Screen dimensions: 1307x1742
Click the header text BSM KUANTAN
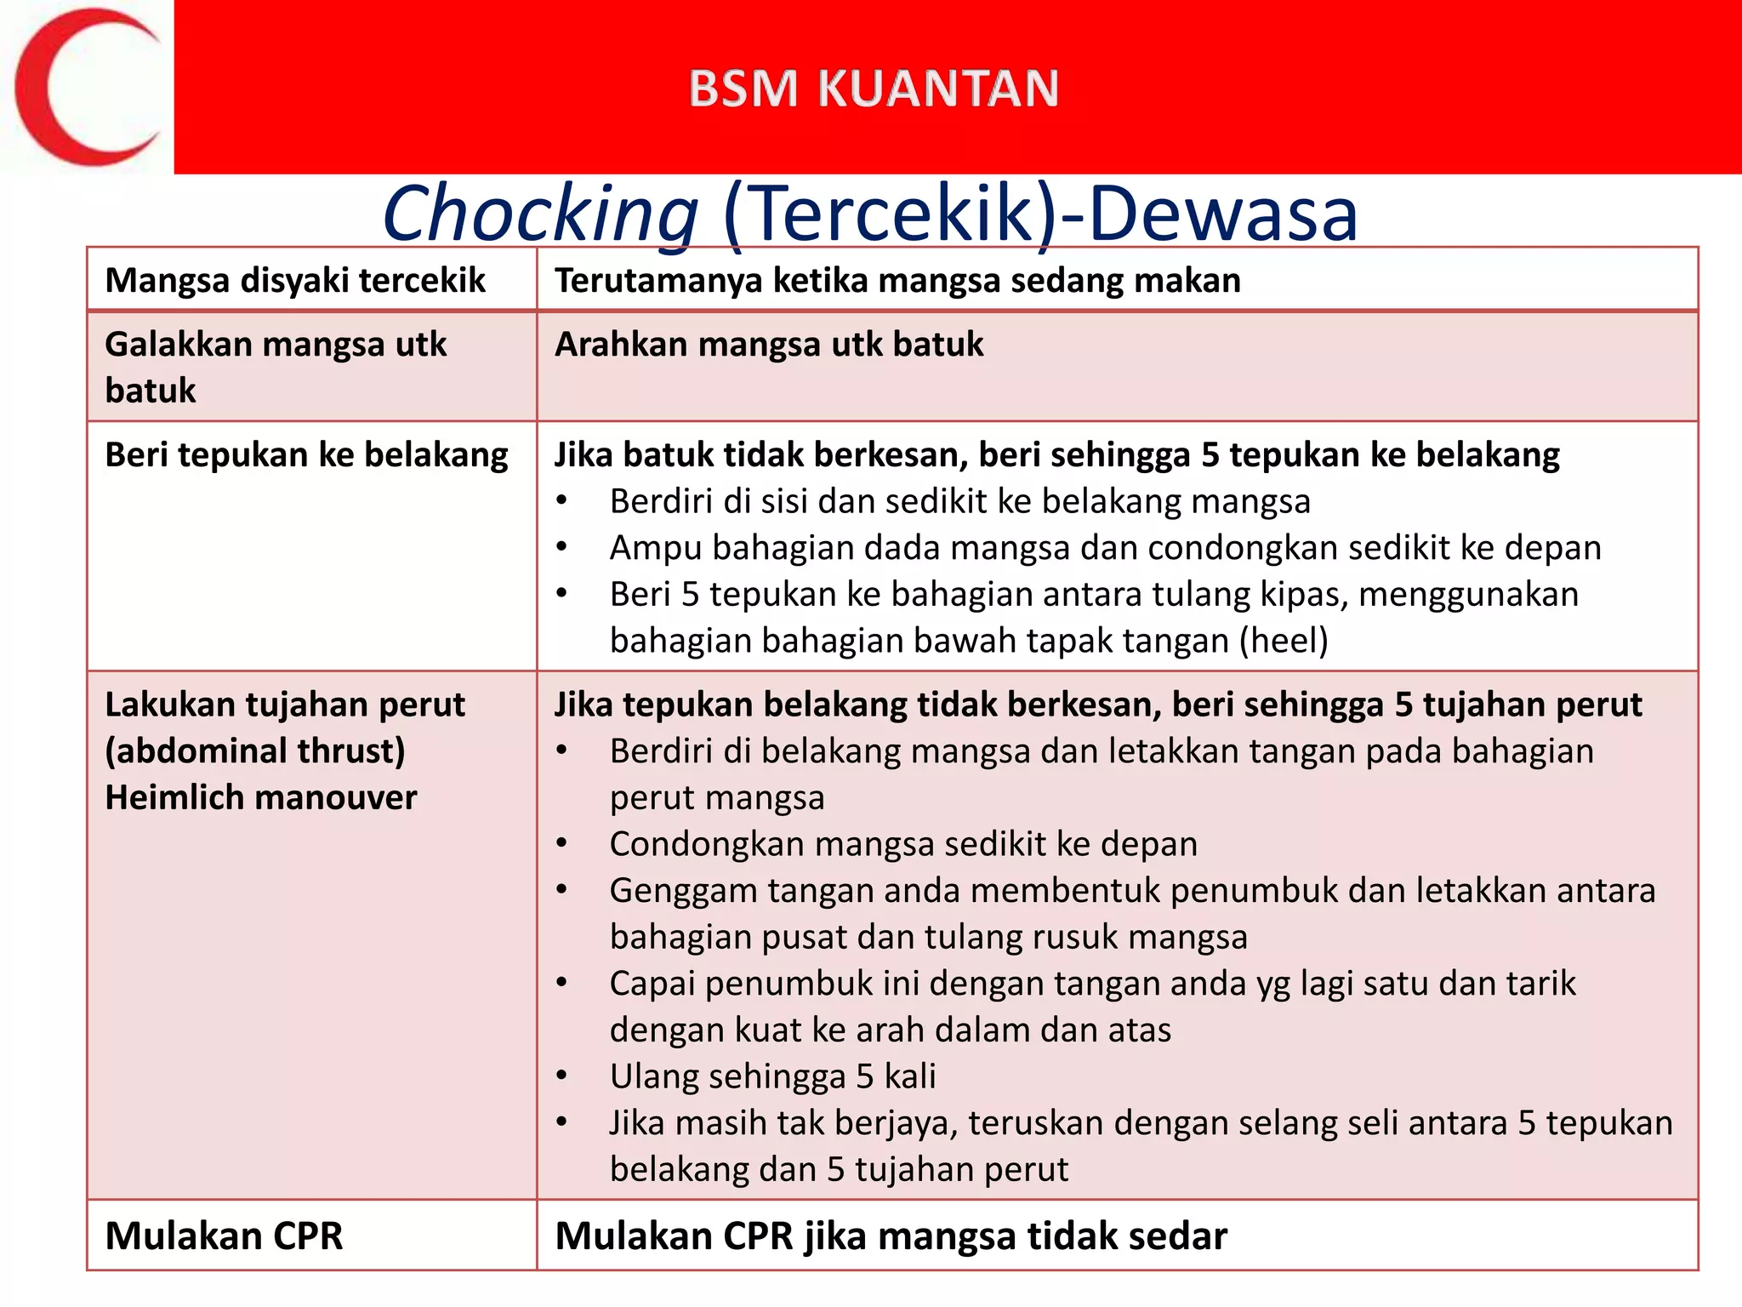[x=874, y=88]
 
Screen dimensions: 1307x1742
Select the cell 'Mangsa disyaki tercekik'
[x=294, y=280]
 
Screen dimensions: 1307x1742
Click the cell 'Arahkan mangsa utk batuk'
[x=769, y=345]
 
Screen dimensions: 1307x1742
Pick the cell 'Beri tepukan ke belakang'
[x=306, y=454]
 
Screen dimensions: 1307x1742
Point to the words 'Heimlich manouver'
[x=260, y=798]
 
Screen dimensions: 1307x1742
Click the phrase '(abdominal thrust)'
[x=254, y=751]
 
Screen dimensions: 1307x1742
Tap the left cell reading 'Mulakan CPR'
[x=224, y=1236]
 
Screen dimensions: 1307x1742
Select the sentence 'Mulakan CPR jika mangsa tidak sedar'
[x=891, y=1236]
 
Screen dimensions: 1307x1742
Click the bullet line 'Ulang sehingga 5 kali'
[x=772, y=1076]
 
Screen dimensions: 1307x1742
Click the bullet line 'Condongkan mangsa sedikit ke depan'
[x=903, y=844]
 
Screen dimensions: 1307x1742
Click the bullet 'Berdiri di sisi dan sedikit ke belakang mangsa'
[x=959, y=501]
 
